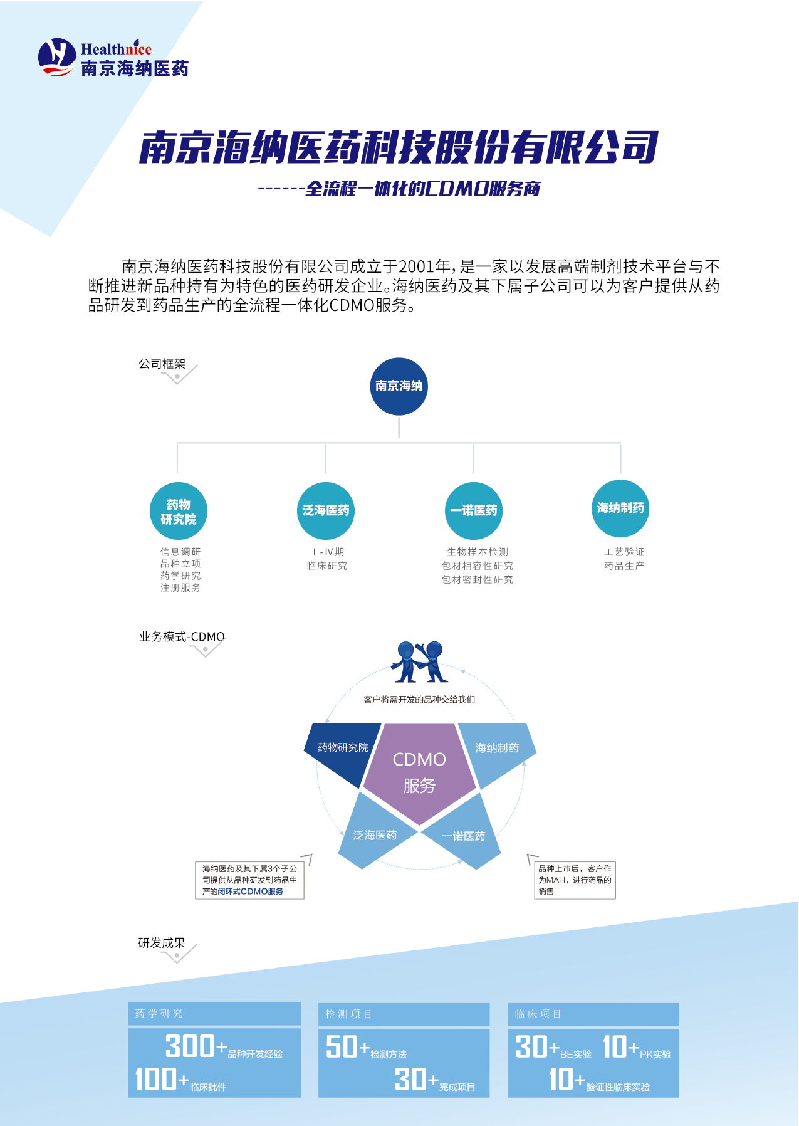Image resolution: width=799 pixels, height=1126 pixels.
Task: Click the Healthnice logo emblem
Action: pos(57,57)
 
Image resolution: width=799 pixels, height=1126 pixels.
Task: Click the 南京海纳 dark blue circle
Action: pos(399,386)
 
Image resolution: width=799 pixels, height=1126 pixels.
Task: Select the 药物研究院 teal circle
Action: pos(179,512)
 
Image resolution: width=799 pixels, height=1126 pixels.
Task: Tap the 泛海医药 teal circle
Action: pos(326,511)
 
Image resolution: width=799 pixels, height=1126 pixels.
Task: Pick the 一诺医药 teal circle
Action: pos(474,511)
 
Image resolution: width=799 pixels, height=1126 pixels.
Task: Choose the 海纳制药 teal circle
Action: pos(620,508)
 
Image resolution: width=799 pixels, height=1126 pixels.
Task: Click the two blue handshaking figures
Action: pos(419,661)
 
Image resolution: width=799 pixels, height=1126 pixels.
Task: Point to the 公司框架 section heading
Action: pos(162,364)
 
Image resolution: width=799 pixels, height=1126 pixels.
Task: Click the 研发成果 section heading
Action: pos(162,943)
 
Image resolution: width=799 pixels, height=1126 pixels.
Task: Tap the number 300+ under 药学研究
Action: pos(196,1046)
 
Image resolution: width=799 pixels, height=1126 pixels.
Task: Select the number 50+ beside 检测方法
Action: pos(348,1046)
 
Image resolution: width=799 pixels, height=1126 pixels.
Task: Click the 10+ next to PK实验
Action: pos(621,1046)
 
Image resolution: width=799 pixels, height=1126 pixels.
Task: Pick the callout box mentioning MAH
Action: pos(575,880)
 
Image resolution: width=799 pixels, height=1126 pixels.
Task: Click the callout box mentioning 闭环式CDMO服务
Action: pos(249,880)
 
